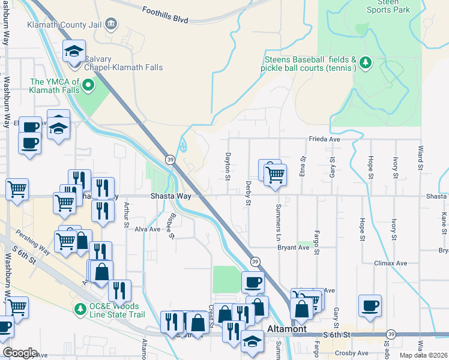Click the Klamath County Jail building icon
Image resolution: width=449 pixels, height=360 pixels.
[x=110, y=24]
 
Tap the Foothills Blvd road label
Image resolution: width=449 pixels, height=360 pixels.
[x=165, y=15]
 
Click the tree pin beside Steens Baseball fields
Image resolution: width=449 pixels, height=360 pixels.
[x=364, y=62]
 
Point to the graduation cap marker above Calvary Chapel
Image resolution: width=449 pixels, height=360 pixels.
[x=74, y=52]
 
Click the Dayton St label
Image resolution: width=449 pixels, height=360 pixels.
[x=228, y=166]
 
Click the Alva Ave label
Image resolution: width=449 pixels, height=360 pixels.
[x=147, y=229]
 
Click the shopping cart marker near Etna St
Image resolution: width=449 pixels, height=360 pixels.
[x=275, y=175]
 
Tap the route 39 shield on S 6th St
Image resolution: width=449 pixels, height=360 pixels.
[x=391, y=334]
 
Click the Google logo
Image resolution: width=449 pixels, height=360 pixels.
[x=20, y=353]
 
